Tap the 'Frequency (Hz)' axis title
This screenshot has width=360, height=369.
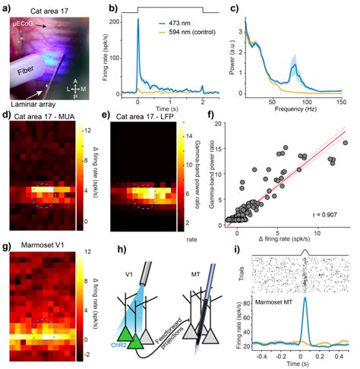point(302,110)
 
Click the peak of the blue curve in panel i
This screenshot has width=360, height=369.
point(305,298)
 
